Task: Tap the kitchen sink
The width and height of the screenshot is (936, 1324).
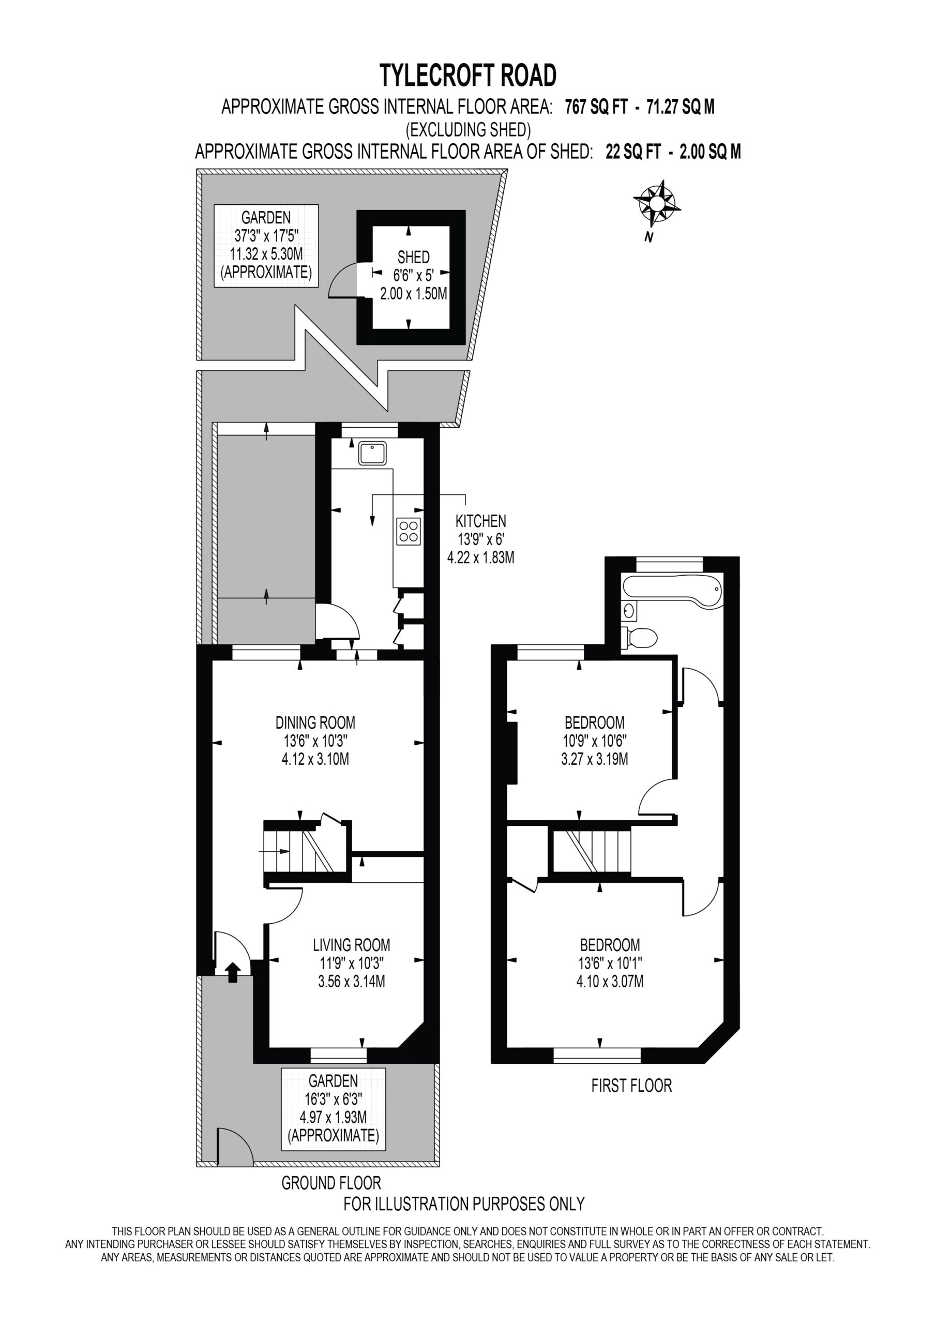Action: pyautogui.click(x=372, y=453)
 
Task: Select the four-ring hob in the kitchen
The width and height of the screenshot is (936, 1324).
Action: pyautogui.click(x=409, y=531)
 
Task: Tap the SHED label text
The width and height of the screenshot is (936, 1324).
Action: pyautogui.click(x=414, y=257)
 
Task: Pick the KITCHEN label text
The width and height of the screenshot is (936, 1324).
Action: pyautogui.click(x=480, y=521)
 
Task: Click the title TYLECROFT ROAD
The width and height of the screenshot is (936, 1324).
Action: pyautogui.click(x=467, y=75)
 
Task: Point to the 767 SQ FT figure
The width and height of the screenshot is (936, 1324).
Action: pyautogui.click(x=596, y=107)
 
